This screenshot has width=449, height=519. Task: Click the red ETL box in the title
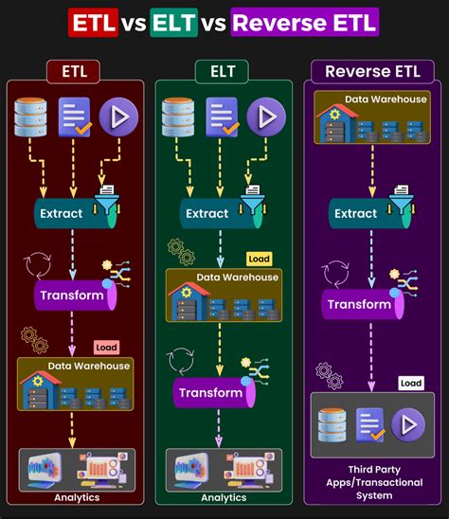point(93,21)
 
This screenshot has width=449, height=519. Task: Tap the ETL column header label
point(74,72)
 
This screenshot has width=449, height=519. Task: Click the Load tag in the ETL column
point(106,348)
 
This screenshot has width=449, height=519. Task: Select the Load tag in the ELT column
point(258,259)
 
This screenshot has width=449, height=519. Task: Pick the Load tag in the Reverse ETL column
point(410,383)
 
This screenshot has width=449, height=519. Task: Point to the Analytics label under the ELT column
point(224,497)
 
